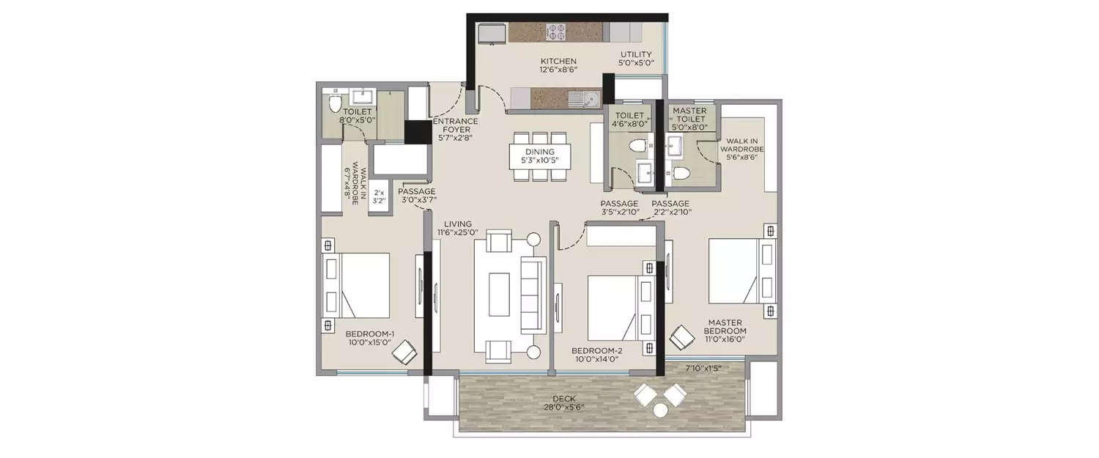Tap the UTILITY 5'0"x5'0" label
pos(636,59)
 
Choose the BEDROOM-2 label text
pos(596,355)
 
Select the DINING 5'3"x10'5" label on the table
pos(539,156)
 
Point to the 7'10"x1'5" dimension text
pos(703,368)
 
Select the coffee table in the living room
pos(499,294)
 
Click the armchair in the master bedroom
pos(682,336)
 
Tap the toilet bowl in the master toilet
pos(681,173)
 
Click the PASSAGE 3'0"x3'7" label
pos(417,196)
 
